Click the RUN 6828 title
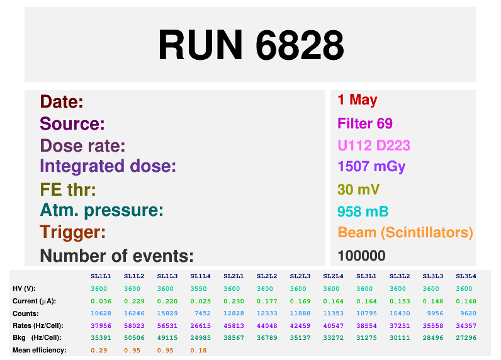click(x=250, y=45)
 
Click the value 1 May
click(x=357, y=99)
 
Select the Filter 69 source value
click(x=365, y=123)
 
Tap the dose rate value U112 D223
click(x=374, y=146)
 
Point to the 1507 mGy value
click(x=371, y=167)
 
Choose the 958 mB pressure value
click(x=363, y=211)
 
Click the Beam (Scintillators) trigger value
click(x=405, y=232)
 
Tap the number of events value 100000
click(x=361, y=256)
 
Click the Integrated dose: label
click(x=108, y=167)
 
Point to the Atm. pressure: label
click(x=101, y=210)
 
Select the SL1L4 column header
click(x=200, y=276)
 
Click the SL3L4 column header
click(x=466, y=276)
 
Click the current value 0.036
click(x=101, y=301)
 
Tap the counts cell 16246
click(x=134, y=313)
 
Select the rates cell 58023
click(x=134, y=325)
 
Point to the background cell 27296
click(x=466, y=338)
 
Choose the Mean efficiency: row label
click(x=40, y=350)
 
